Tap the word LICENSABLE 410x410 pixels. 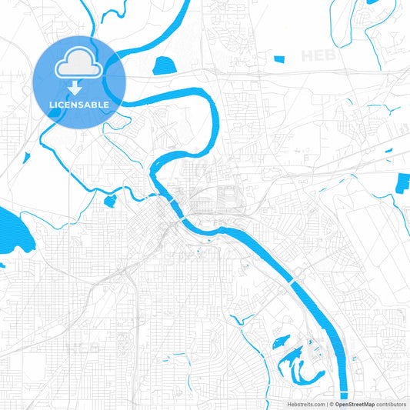click(x=80, y=104)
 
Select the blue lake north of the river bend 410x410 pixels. click(x=165, y=66)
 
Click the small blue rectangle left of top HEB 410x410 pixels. click(x=280, y=58)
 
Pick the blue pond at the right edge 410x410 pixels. click(x=403, y=184)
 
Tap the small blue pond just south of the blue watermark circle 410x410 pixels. click(x=109, y=201)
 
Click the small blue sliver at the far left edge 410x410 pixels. click(x=2, y=266)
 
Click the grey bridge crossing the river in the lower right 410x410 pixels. click(x=293, y=282)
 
